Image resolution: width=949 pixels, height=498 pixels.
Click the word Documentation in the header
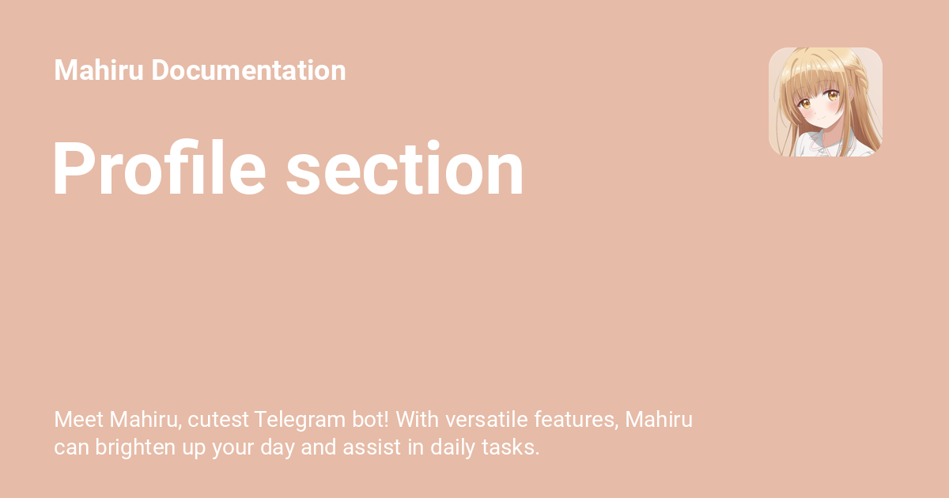[x=248, y=70]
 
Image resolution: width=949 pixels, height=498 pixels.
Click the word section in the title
[x=405, y=168]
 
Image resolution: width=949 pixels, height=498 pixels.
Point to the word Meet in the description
[x=78, y=420]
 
